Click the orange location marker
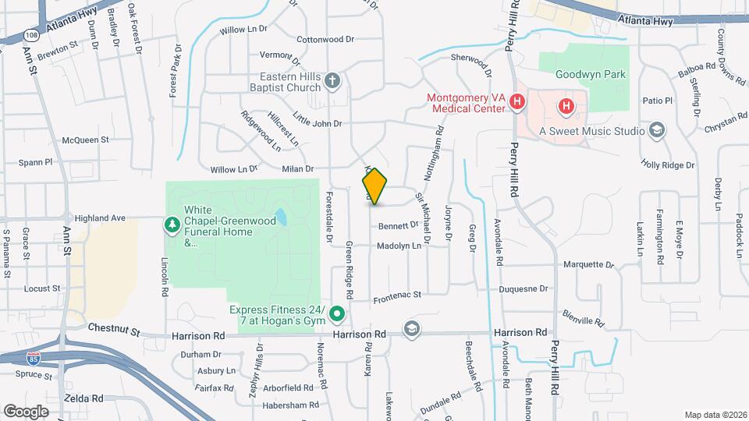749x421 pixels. (374, 186)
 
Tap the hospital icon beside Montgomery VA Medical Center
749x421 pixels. (516, 102)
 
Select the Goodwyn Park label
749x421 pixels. (591, 75)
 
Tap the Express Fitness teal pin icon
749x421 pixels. (337, 315)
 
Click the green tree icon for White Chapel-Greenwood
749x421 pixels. (172, 225)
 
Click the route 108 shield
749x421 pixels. (30, 35)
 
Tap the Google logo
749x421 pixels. (26, 411)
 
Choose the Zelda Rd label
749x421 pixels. (86, 398)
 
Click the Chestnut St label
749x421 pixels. (113, 331)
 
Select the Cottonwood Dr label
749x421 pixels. (325, 38)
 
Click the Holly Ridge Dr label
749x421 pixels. (667, 165)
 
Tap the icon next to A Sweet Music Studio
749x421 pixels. (657, 130)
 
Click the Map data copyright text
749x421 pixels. (714, 415)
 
